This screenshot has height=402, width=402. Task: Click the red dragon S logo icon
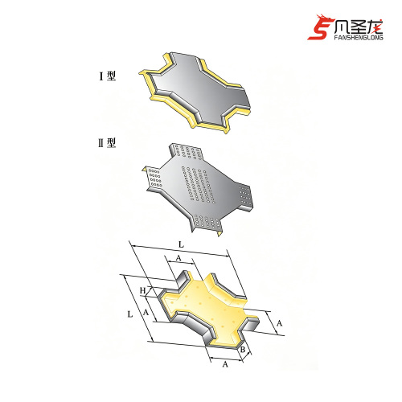[x=320, y=27]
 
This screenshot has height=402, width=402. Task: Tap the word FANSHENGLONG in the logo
[x=359, y=37]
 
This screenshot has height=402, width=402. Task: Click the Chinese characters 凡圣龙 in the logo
[x=359, y=27]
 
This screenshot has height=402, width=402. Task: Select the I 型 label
[x=108, y=76]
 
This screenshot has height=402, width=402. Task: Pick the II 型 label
[x=107, y=143]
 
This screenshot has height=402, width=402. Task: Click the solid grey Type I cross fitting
[x=195, y=92]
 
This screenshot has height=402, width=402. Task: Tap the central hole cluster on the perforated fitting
[x=197, y=184]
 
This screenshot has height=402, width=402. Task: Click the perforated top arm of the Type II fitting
[x=187, y=152]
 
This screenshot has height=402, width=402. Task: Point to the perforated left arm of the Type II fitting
[x=154, y=178]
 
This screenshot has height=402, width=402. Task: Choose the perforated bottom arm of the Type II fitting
[x=207, y=223]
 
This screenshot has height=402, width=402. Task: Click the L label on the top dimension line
[x=182, y=244]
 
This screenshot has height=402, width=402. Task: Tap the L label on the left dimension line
[x=130, y=314]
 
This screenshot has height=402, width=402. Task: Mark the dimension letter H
[x=143, y=290]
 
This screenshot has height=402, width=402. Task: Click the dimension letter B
[x=243, y=350]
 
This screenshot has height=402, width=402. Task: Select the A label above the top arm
[x=178, y=258]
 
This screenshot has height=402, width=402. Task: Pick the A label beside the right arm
[x=279, y=323]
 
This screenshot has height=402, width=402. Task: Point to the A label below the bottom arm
[x=225, y=364]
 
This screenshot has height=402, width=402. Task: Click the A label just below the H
[x=146, y=312]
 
